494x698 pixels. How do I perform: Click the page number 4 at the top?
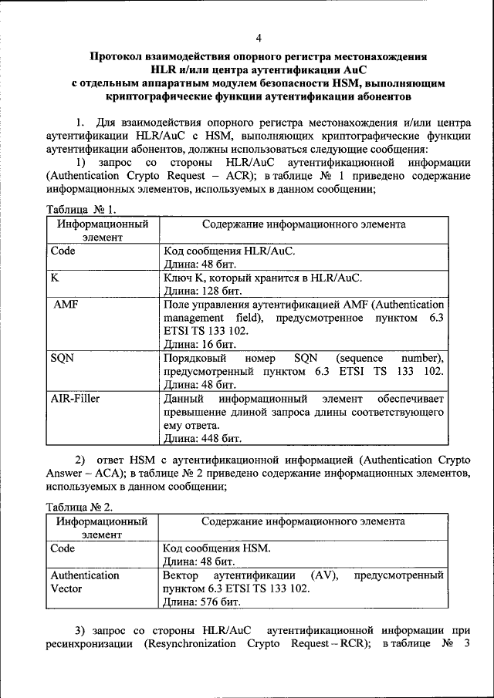[x=259, y=38]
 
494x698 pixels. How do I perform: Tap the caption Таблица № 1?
[x=80, y=209]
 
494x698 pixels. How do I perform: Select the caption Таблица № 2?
[x=80, y=507]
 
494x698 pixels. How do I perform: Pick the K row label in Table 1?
[x=55, y=278]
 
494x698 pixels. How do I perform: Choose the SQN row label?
[x=63, y=358]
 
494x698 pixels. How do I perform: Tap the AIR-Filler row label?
[x=76, y=399]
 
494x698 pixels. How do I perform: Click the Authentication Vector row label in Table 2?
[x=85, y=582]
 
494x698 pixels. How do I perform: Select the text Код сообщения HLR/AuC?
[x=229, y=251]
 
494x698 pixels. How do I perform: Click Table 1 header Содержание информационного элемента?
[x=303, y=224]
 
